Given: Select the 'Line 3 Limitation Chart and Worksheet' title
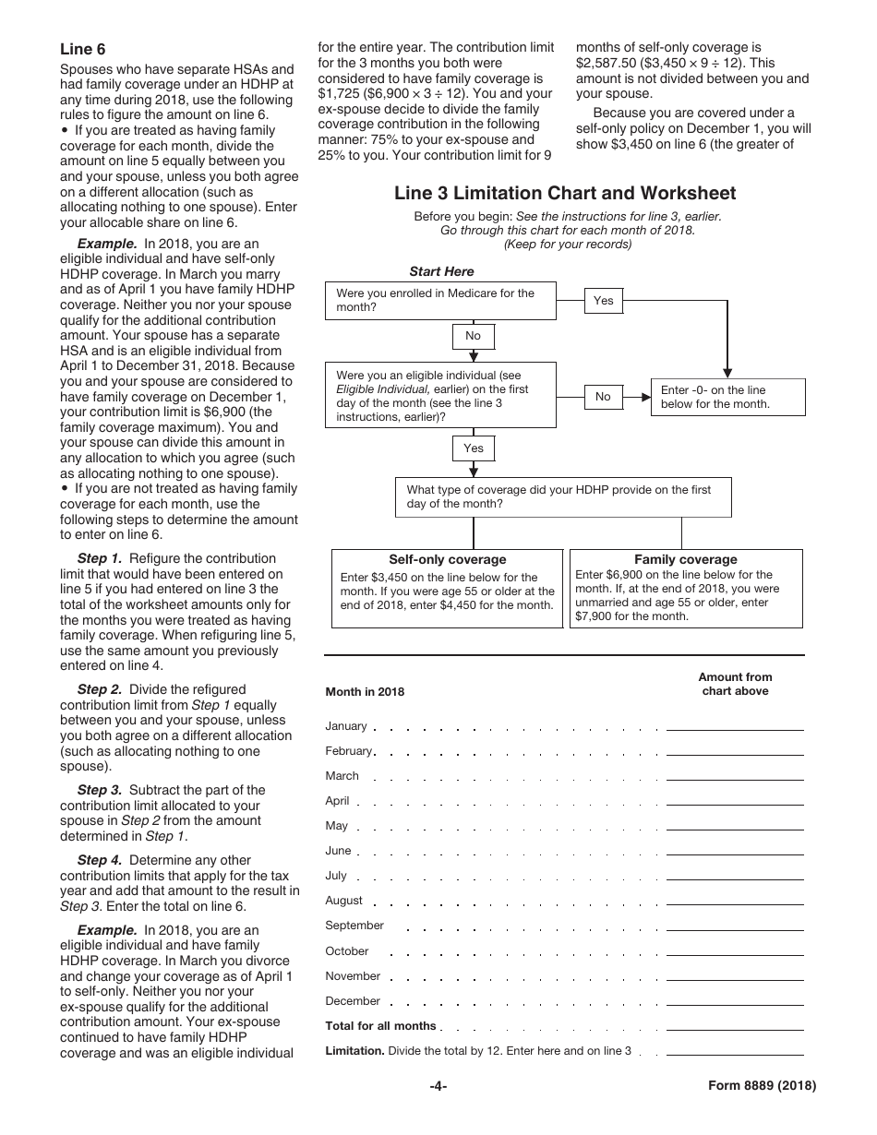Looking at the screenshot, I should [x=565, y=193].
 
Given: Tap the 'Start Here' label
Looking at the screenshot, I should [x=441, y=271].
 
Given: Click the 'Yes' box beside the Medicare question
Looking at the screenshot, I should [x=603, y=301].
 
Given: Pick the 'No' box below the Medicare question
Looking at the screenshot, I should [x=473, y=336].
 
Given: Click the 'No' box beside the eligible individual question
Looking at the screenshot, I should [x=603, y=397].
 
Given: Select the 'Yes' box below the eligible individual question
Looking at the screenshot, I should [x=473, y=448].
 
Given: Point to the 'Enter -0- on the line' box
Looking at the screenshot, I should [x=727, y=397].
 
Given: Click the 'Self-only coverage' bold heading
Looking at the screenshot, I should [x=448, y=559].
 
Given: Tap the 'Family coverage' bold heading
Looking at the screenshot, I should [x=685, y=559].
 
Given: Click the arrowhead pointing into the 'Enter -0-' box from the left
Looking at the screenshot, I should [x=644, y=397].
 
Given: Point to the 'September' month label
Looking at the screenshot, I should [x=354, y=926].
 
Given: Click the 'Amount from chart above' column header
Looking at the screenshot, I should [x=735, y=684].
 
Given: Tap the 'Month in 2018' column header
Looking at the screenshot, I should [x=365, y=692].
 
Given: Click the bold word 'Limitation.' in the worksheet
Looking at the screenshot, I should [x=354, y=1051].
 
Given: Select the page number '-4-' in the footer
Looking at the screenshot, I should [x=438, y=1086].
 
